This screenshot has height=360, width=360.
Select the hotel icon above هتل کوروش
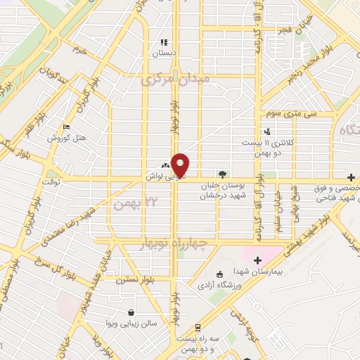tap(66, 127)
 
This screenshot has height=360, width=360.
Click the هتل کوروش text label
tap(66, 138)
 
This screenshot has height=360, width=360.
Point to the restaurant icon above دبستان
tap(164, 42)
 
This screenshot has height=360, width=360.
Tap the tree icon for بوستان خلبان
tap(223, 174)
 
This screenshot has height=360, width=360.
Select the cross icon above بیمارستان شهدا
tap(258, 260)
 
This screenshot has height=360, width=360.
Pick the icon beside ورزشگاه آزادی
tap(220, 274)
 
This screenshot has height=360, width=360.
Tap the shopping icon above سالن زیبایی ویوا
tap(130, 312)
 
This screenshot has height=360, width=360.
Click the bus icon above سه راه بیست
tap(199, 328)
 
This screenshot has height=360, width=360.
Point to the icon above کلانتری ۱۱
tap(266, 130)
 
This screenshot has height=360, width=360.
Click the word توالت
tap(52, 181)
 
